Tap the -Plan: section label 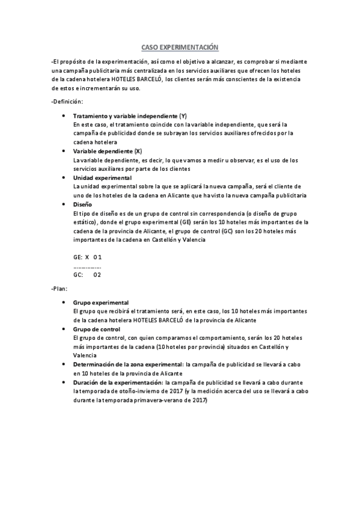[x=61, y=289]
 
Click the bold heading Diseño [x=82, y=204]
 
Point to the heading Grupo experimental [x=101, y=303]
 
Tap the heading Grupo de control [x=97, y=329]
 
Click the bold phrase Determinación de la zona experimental [x=128, y=364]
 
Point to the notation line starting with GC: [x=87, y=275]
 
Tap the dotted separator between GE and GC [x=87, y=266]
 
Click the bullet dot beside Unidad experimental [x=64, y=178]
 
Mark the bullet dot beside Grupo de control [x=64, y=329]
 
